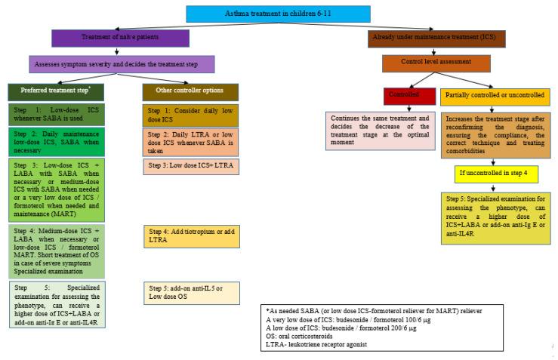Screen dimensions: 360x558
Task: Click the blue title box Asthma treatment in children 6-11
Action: (x=279, y=13)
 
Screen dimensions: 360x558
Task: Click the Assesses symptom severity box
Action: (x=121, y=64)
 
